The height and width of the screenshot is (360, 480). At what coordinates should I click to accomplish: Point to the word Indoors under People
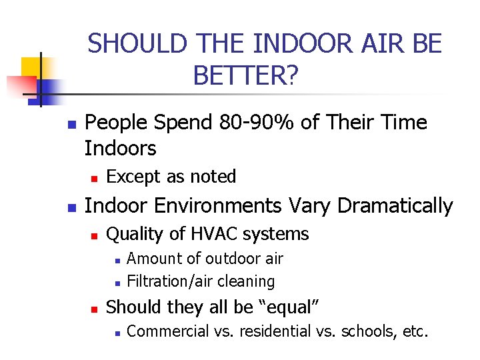coord(121,148)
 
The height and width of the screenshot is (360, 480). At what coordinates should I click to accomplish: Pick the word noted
coord(213,177)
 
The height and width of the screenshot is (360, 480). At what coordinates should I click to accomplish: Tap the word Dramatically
coord(395,207)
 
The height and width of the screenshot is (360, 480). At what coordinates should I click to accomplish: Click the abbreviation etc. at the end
coord(416,331)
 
